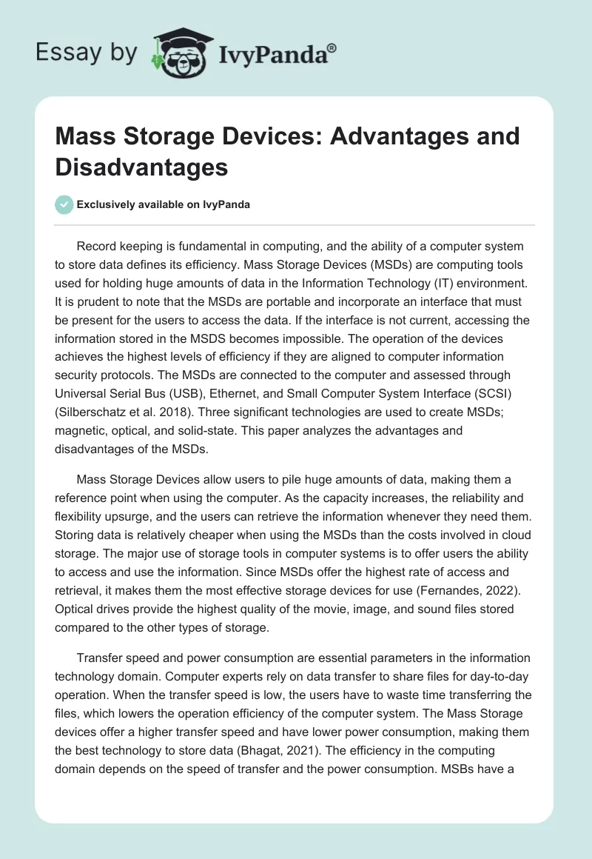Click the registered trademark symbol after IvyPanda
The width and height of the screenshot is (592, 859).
click(332, 47)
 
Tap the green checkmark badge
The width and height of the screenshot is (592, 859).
click(64, 204)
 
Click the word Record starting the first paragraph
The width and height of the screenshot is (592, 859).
click(98, 247)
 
